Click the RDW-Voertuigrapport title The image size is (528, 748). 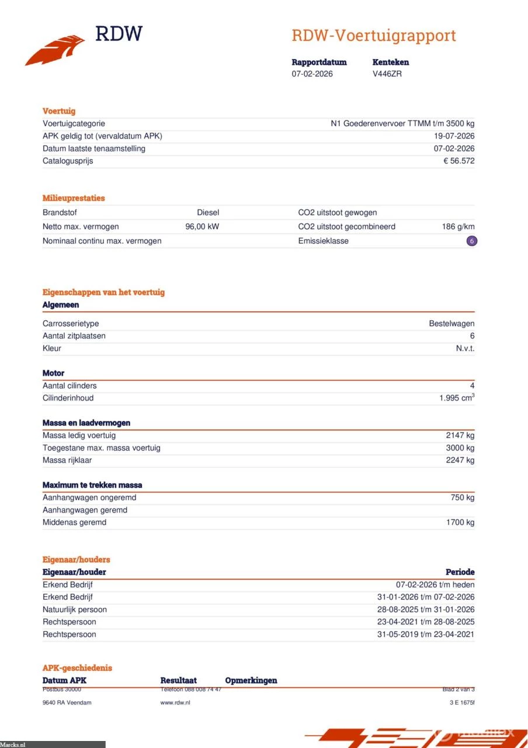point(373,36)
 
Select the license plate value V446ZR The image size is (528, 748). point(387,74)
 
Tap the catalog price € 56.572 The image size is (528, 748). point(458,161)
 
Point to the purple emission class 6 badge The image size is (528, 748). point(472,241)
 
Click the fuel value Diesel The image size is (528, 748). point(208,213)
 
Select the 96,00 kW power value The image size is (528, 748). point(202,227)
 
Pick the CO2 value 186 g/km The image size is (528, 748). point(458,227)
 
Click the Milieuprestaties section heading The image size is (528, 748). point(74,198)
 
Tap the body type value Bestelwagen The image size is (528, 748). point(451,324)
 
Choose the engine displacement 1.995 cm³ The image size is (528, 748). point(457,398)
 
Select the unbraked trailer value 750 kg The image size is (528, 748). point(463,498)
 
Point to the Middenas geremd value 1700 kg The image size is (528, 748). point(460,522)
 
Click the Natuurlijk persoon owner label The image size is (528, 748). point(75,610)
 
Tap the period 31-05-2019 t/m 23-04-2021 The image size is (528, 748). point(426,635)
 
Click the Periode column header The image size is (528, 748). point(460,572)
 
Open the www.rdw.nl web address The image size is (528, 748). point(175,702)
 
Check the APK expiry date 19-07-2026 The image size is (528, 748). point(454,136)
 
